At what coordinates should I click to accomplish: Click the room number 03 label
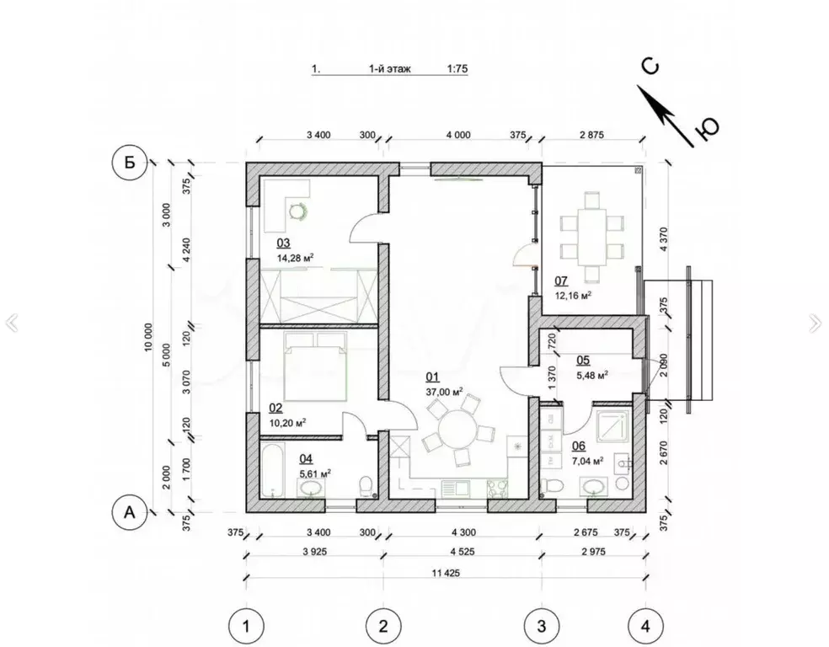coord(283,243)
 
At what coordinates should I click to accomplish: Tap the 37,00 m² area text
coord(444,392)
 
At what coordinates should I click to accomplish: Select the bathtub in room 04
coord(273,470)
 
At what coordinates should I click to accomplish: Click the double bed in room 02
coord(315,366)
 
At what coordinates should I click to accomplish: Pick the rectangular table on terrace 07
coord(591,238)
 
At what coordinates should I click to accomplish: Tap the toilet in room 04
coord(366,486)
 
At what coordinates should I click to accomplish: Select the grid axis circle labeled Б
coord(130,163)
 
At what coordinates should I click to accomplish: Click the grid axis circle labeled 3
coord(542,627)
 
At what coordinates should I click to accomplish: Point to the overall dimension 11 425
coord(446,573)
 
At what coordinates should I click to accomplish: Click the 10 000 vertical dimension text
coord(148,337)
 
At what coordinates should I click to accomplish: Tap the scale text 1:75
coord(457,69)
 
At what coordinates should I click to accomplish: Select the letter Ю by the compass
coord(709,128)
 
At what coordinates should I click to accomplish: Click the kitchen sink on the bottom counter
coord(456,488)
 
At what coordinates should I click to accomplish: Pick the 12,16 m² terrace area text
coord(573,296)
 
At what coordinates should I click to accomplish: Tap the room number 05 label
coord(583,361)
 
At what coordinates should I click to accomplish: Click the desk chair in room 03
coord(297,211)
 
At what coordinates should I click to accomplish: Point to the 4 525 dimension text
coord(463,552)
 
